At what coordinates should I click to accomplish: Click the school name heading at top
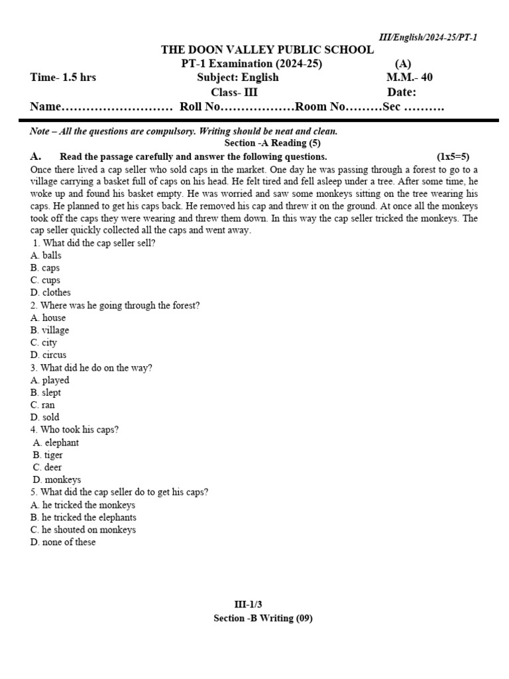coord(268,50)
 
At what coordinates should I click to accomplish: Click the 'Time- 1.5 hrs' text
coord(63,78)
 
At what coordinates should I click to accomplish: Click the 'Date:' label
coord(402,92)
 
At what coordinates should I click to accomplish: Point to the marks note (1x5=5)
coord(453,157)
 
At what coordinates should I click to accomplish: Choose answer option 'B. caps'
coord(45,268)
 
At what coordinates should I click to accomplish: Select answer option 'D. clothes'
coord(50,292)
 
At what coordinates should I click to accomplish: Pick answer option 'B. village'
coord(50,330)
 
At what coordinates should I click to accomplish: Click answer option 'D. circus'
coord(48,355)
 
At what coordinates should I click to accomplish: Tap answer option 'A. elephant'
coord(56,442)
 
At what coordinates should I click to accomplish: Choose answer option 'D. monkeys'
coord(57,479)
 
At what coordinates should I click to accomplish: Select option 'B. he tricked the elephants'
coord(84,517)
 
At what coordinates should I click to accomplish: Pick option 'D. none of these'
coord(63,542)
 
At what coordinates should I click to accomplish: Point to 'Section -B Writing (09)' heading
coord(262,618)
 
